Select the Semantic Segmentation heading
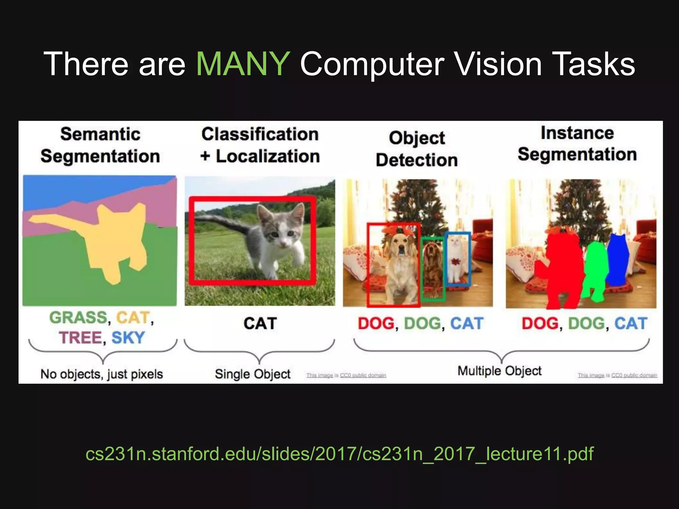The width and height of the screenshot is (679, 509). click(x=100, y=145)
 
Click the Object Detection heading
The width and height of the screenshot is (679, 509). click(x=417, y=149)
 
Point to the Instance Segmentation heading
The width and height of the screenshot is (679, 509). click(x=577, y=143)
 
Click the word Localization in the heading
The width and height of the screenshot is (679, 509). click(x=268, y=156)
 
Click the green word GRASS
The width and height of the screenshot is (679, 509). click(x=78, y=317)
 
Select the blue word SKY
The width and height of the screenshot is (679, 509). click(x=128, y=338)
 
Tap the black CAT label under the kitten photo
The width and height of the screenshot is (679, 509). click(x=260, y=323)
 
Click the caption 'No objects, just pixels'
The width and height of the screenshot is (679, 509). click(x=101, y=374)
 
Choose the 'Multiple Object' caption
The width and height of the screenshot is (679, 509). click(x=499, y=371)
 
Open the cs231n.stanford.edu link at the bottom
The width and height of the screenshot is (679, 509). click(x=339, y=454)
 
